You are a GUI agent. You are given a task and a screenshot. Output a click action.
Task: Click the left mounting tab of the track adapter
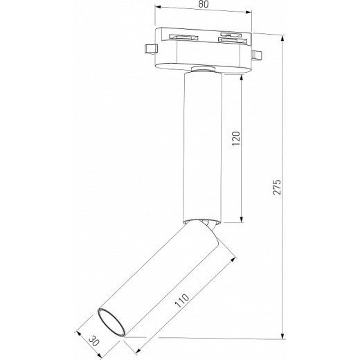coord(149,49)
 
